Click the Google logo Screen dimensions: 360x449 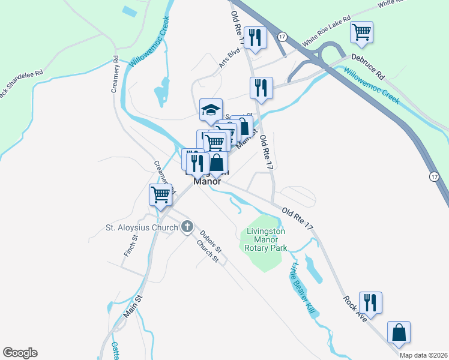point(20,353)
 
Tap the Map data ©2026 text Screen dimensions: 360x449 point(423,355)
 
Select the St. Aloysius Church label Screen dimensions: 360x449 point(142,227)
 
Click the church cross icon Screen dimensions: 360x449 point(187,227)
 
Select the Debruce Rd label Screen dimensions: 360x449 point(368,66)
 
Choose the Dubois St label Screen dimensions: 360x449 point(211,241)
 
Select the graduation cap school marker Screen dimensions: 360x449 point(211,110)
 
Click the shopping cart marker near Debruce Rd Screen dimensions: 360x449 point(362,32)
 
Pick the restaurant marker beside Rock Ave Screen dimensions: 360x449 point(370,302)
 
